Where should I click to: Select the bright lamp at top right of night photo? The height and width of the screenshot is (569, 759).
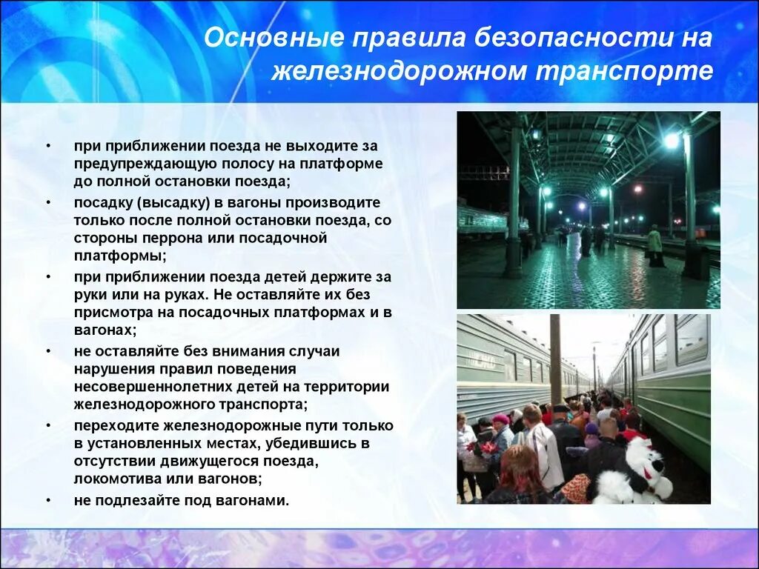click(672, 140)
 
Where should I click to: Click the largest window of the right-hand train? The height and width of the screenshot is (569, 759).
click(691, 339)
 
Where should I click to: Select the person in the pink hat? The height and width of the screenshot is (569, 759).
click(502, 430)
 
